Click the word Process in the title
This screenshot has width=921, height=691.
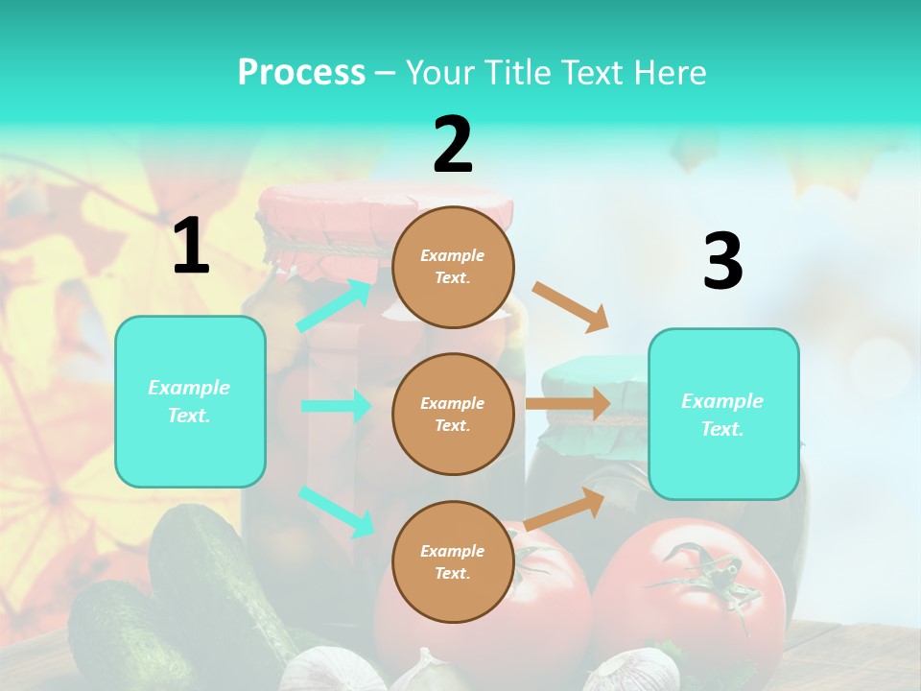coord(301,72)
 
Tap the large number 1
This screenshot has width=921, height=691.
coord(191,247)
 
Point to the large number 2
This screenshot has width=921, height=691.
coord(453,145)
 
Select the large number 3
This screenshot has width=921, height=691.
coord(722,262)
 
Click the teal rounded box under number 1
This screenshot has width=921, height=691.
coord(190,401)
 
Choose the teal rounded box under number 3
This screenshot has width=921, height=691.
coord(723,414)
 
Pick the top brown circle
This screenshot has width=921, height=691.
coord(453,266)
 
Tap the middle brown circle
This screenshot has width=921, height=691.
coord(453,414)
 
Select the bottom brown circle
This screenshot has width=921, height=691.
coord(453,561)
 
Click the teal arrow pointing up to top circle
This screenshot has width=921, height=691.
coord(334,306)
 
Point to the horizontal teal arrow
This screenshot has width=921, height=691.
coord(336,406)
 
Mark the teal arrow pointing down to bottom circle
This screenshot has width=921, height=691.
coord(336,512)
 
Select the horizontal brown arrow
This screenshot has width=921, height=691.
coord(568,404)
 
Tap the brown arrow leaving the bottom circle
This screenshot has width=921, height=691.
coord(565,508)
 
